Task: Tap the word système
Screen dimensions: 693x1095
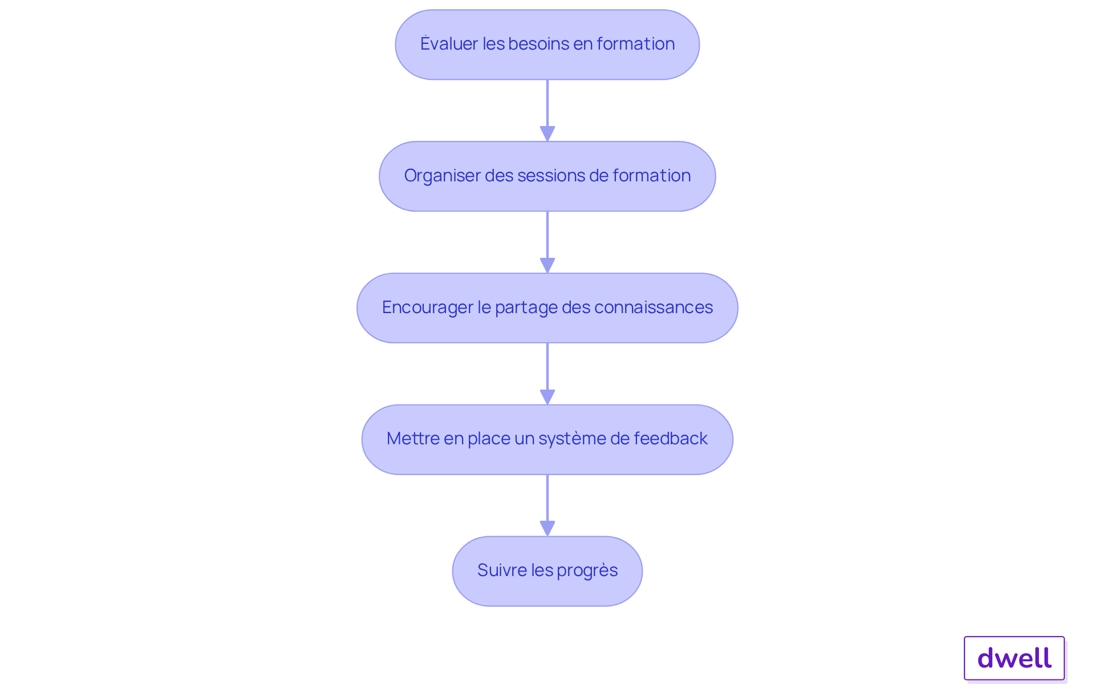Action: click(x=572, y=439)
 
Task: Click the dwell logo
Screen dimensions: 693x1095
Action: click(x=1014, y=658)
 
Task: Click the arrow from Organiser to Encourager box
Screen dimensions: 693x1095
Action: click(x=547, y=242)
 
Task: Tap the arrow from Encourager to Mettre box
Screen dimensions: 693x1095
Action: click(x=547, y=374)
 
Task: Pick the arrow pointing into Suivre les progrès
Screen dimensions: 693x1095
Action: click(x=547, y=505)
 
